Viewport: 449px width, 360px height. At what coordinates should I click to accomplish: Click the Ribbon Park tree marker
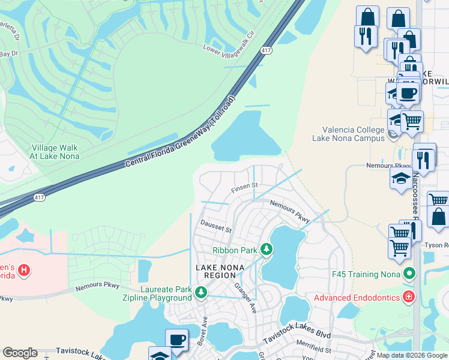[x=267, y=250]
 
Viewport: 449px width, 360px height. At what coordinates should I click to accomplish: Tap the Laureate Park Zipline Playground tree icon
[x=202, y=292]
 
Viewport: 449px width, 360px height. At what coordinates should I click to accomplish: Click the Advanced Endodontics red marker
[x=409, y=297]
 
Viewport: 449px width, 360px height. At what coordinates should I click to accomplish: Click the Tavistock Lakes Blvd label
[x=297, y=336]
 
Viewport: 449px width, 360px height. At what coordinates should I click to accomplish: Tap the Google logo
[x=20, y=353]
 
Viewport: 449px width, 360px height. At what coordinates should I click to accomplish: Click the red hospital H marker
[x=24, y=271]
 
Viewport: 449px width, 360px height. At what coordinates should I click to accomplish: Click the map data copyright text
[x=412, y=355]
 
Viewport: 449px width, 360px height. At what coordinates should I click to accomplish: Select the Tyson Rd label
[x=436, y=246]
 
